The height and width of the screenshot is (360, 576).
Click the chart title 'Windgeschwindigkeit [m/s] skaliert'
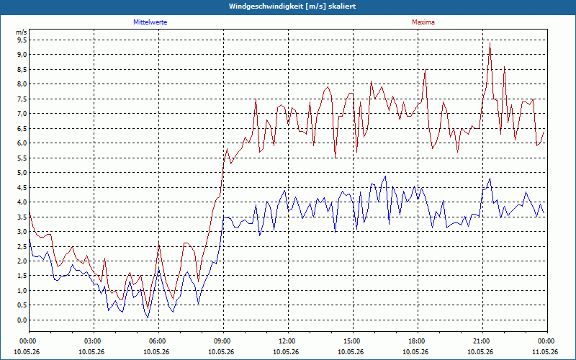click(292, 6)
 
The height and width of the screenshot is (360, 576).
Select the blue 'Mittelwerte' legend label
click(150, 22)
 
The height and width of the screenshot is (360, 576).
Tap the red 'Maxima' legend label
click(423, 22)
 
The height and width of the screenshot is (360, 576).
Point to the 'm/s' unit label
click(22, 32)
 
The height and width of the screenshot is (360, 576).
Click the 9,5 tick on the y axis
click(22, 40)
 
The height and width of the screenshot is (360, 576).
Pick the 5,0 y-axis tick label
click(22, 172)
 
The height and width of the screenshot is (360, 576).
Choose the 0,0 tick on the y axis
click(22, 320)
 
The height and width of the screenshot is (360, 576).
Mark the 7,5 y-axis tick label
click(22, 99)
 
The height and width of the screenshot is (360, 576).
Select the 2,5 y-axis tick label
click(22, 246)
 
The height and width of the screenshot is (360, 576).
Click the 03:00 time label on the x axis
click(94, 341)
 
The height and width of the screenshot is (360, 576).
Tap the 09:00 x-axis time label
click(224, 341)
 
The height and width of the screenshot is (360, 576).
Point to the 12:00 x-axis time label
click(289, 341)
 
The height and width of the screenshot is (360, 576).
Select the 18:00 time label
click(418, 341)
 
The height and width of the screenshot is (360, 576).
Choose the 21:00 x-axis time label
click(482, 341)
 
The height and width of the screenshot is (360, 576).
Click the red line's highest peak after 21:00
click(490, 43)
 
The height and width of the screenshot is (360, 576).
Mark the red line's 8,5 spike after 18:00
click(425, 69)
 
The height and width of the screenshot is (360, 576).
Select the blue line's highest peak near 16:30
click(385, 176)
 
